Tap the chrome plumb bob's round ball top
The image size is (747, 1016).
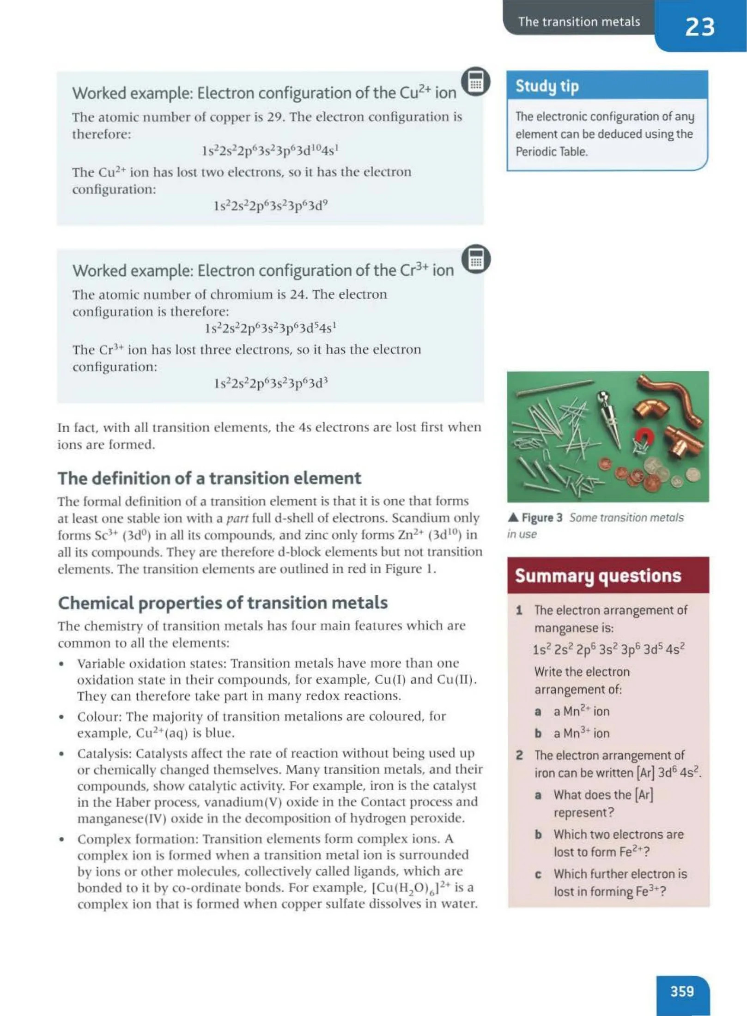click(603, 396)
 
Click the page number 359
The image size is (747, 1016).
click(682, 991)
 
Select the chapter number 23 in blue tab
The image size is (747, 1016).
click(699, 26)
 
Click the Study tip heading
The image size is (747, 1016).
click(547, 86)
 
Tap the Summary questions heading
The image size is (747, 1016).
click(598, 576)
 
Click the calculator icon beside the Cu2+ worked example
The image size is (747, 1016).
click(476, 82)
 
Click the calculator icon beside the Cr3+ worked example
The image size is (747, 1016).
click(476, 259)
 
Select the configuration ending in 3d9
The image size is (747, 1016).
click(271, 206)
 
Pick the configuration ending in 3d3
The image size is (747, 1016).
click(271, 383)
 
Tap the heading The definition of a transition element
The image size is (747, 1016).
click(209, 478)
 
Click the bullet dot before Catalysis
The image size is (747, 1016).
click(61, 754)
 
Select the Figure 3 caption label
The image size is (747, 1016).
click(541, 518)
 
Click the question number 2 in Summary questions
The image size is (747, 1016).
click(520, 755)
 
